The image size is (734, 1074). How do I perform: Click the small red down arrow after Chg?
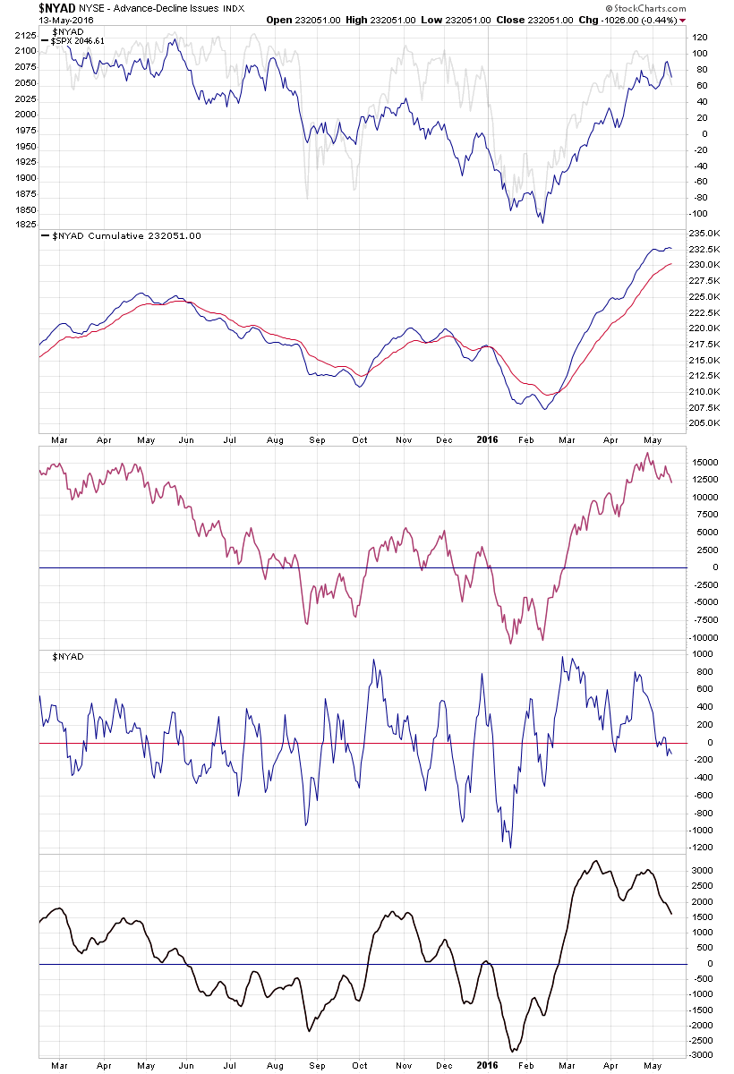[682, 20]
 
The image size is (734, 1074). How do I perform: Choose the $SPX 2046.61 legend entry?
[78, 41]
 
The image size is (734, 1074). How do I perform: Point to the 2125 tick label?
[24, 35]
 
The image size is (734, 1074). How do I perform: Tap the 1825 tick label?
[24, 225]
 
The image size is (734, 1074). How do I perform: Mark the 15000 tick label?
[706, 463]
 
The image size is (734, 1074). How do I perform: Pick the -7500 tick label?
[706, 620]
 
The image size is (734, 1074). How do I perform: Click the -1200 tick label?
[704, 848]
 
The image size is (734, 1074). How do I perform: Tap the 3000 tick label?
[704, 870]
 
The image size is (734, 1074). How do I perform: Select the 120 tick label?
[700, 38]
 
